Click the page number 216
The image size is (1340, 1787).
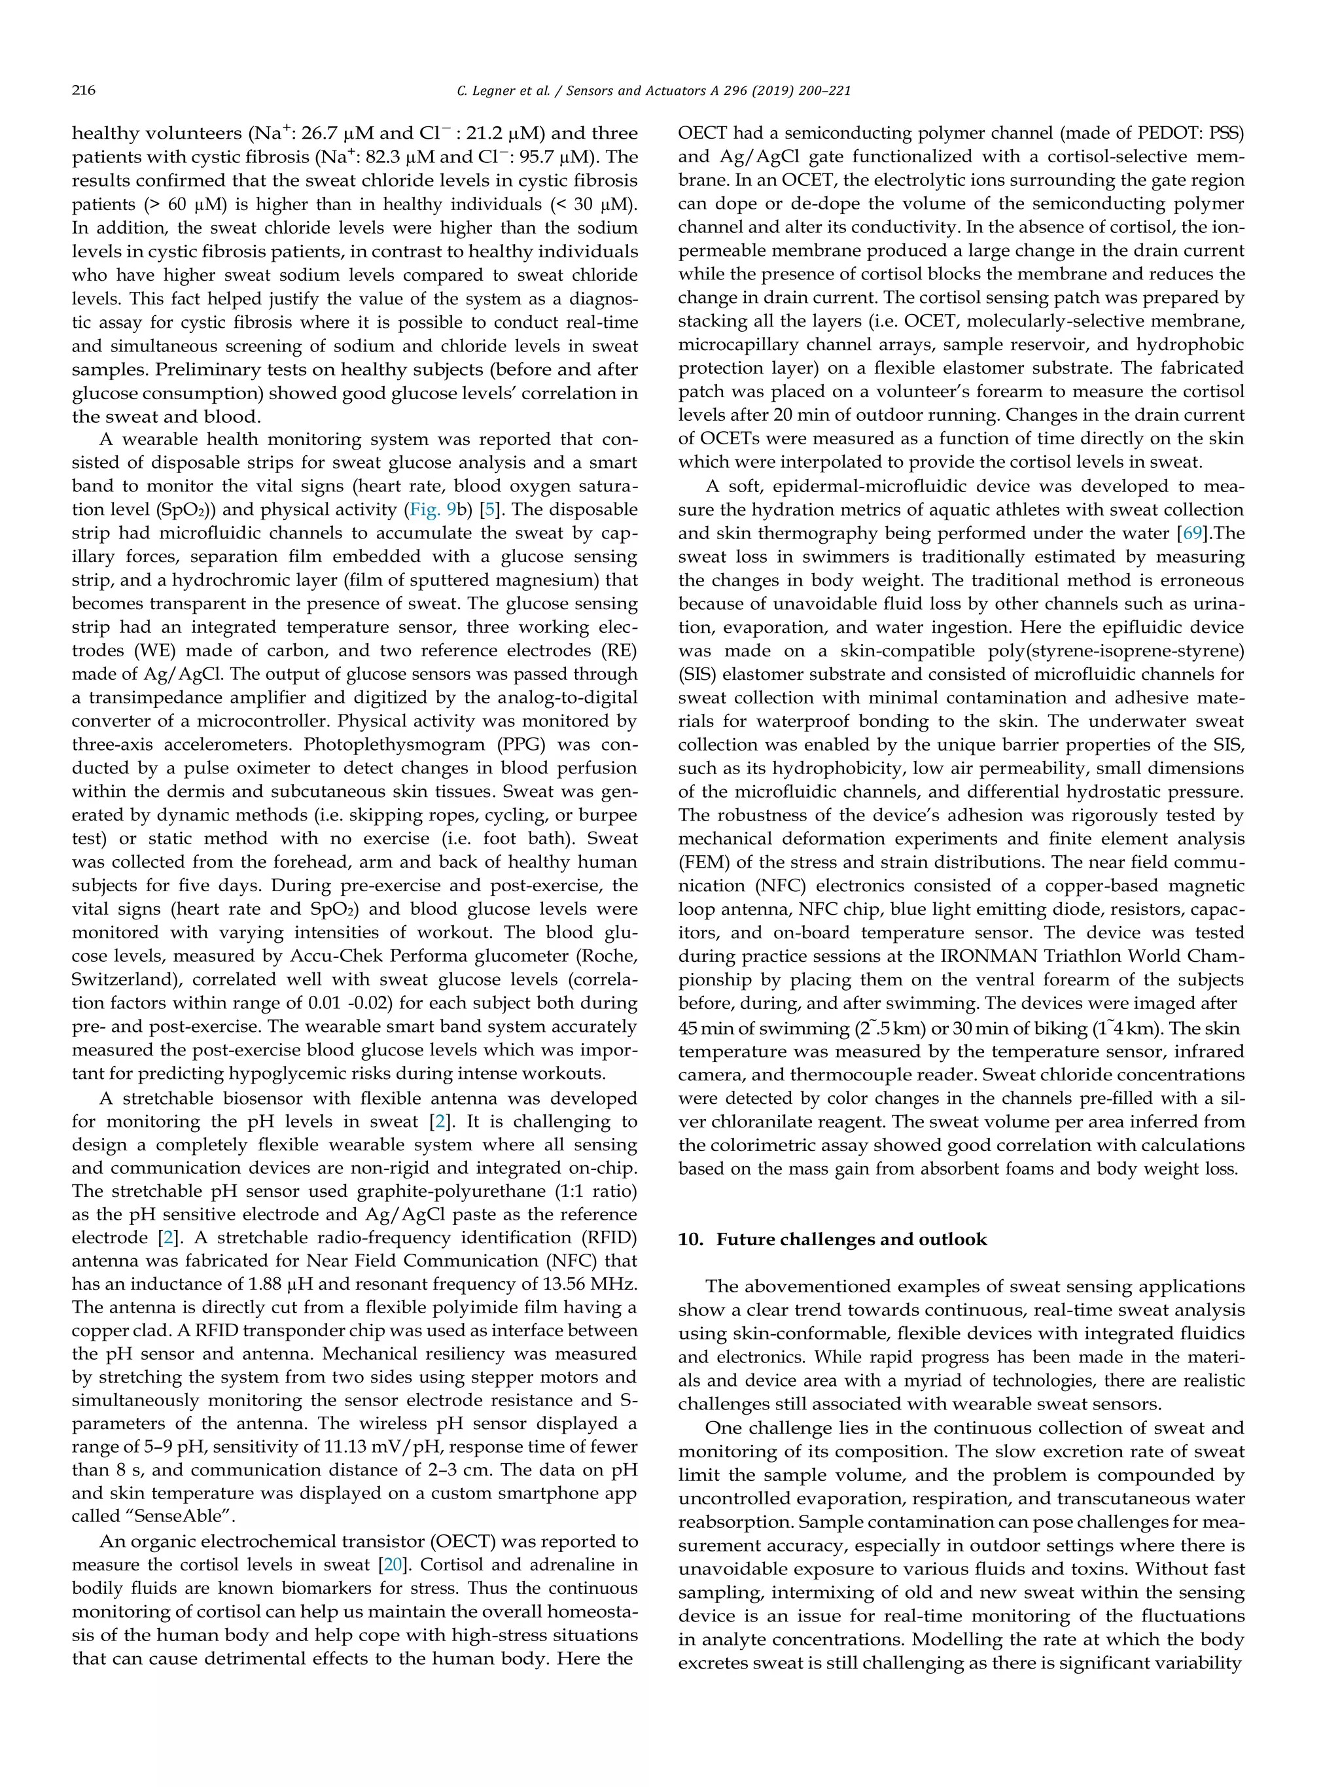(x=83, y=90)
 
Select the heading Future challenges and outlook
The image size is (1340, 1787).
(x=851, y=1239)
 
